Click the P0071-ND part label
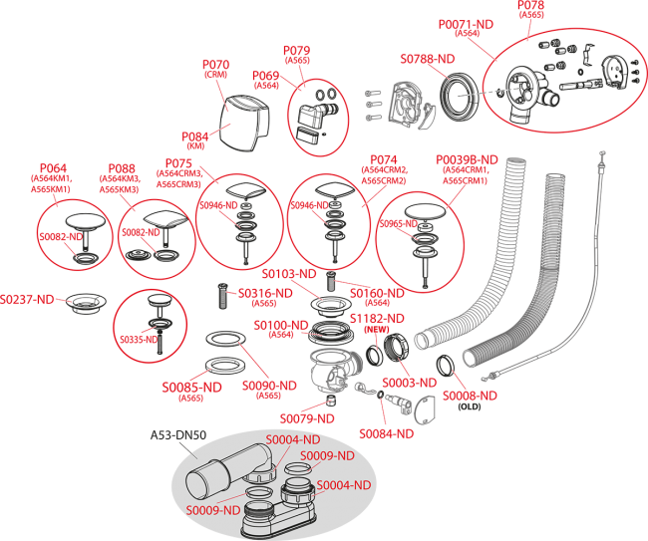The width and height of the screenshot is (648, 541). click(467, 23)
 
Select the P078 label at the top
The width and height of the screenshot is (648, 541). click(530, 6)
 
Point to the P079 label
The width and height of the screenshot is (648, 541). click(297, 50)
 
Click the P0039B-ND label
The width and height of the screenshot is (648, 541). click(467, 159)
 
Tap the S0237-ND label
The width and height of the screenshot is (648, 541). click(27, 299)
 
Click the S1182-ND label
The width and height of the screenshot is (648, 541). click(377, 318)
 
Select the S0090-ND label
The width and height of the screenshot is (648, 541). click(269, 385)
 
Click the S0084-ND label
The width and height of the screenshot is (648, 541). click(386, 433)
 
